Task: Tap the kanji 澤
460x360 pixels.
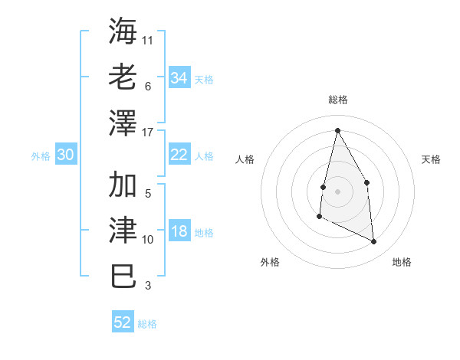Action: [123, 122]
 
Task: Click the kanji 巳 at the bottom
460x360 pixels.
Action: [123, 276]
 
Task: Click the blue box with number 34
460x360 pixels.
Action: [179, 77]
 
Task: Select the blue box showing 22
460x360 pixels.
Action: [179, 155]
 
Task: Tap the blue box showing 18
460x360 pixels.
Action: [179, 232]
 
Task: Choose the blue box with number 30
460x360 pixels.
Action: [65, 155]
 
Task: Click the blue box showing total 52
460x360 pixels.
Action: [123, 322]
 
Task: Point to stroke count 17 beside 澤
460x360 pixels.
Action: [148, 132]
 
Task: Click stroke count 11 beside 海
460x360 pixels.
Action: [148, 40]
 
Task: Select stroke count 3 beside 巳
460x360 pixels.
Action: [148, 286]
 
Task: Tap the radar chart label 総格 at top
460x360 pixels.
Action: [337, 100]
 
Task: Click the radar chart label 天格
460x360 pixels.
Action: [431, 159]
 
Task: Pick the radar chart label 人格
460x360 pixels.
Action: [245, 159]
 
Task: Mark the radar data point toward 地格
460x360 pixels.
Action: [374, 242]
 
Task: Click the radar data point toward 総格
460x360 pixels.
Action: [337, 130]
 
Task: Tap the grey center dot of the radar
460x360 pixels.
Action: [337, 191]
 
